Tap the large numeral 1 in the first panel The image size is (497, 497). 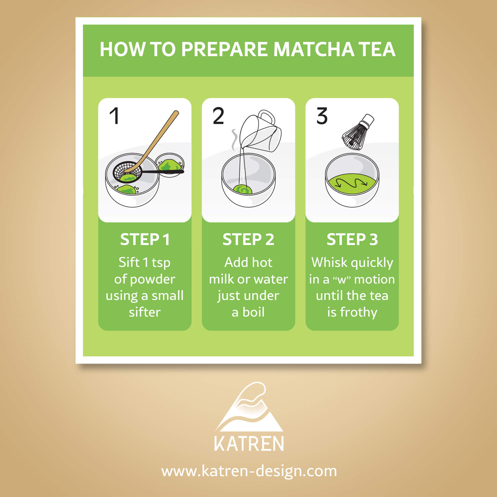[115, 116]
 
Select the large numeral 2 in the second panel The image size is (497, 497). [218, 116]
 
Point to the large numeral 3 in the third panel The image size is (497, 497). [322, 116]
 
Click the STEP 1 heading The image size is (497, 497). [145, 240]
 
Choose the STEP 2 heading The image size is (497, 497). [248, 240]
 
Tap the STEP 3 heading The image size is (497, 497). [352, 240]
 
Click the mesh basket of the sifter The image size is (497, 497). [127, 172]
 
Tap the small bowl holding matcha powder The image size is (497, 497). [170, 165]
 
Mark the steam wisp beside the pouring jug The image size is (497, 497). [234, 140]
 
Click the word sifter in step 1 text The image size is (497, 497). [145, 312]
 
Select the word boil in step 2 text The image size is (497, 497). [253, 312]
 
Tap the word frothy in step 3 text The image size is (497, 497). [359, 313]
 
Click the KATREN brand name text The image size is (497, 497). [249, 444]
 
